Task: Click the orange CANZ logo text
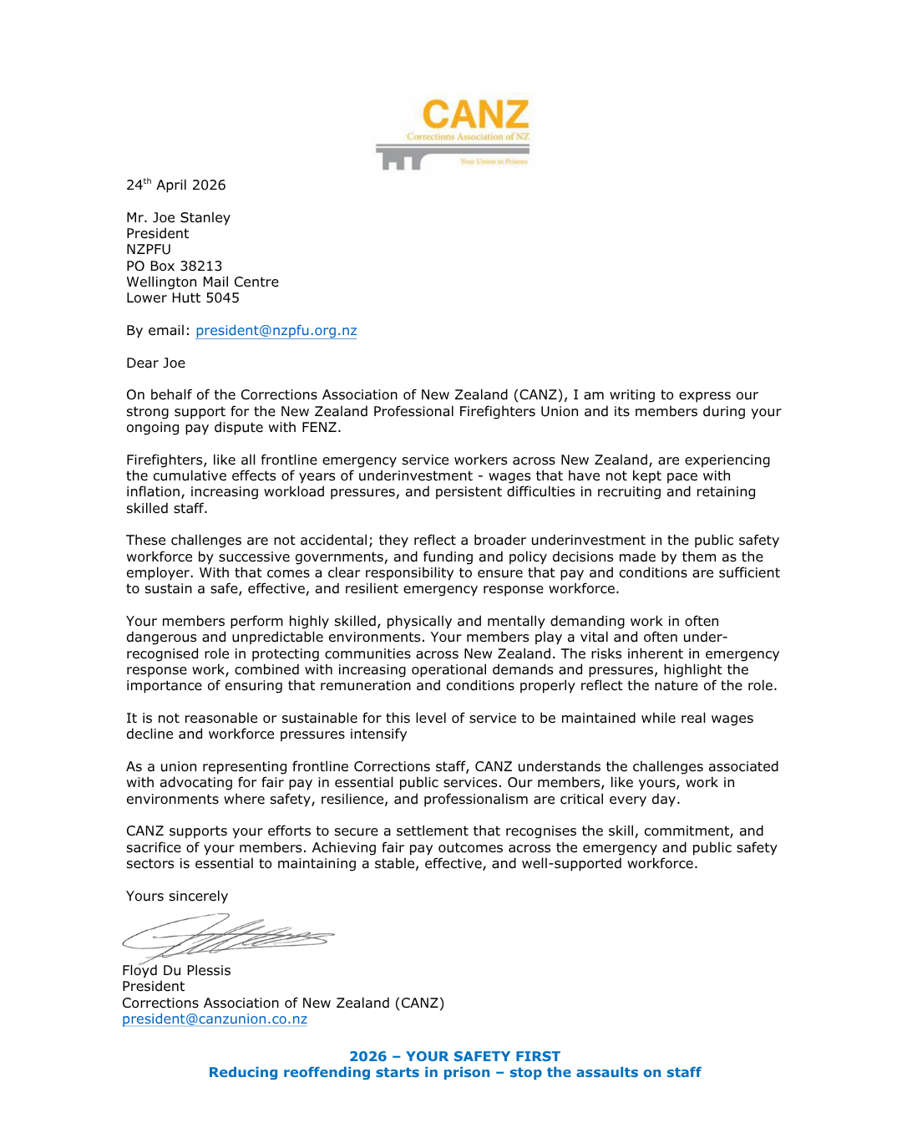[475, 114]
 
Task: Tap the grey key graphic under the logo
[418, 155]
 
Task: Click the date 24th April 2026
[175, 185]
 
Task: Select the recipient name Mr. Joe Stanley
[178, 217]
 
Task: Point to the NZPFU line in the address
[149, 249]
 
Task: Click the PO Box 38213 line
[174, 266]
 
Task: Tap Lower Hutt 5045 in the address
[182, 297]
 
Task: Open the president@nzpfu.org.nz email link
[276, 330]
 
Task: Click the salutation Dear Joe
[155, 363]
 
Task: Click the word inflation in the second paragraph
[154, 491]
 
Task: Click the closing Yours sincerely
[176, 896]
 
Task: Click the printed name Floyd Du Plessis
[176, 970]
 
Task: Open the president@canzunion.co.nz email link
[215, 1019]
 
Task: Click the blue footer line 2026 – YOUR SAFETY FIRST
[454, 1056]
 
